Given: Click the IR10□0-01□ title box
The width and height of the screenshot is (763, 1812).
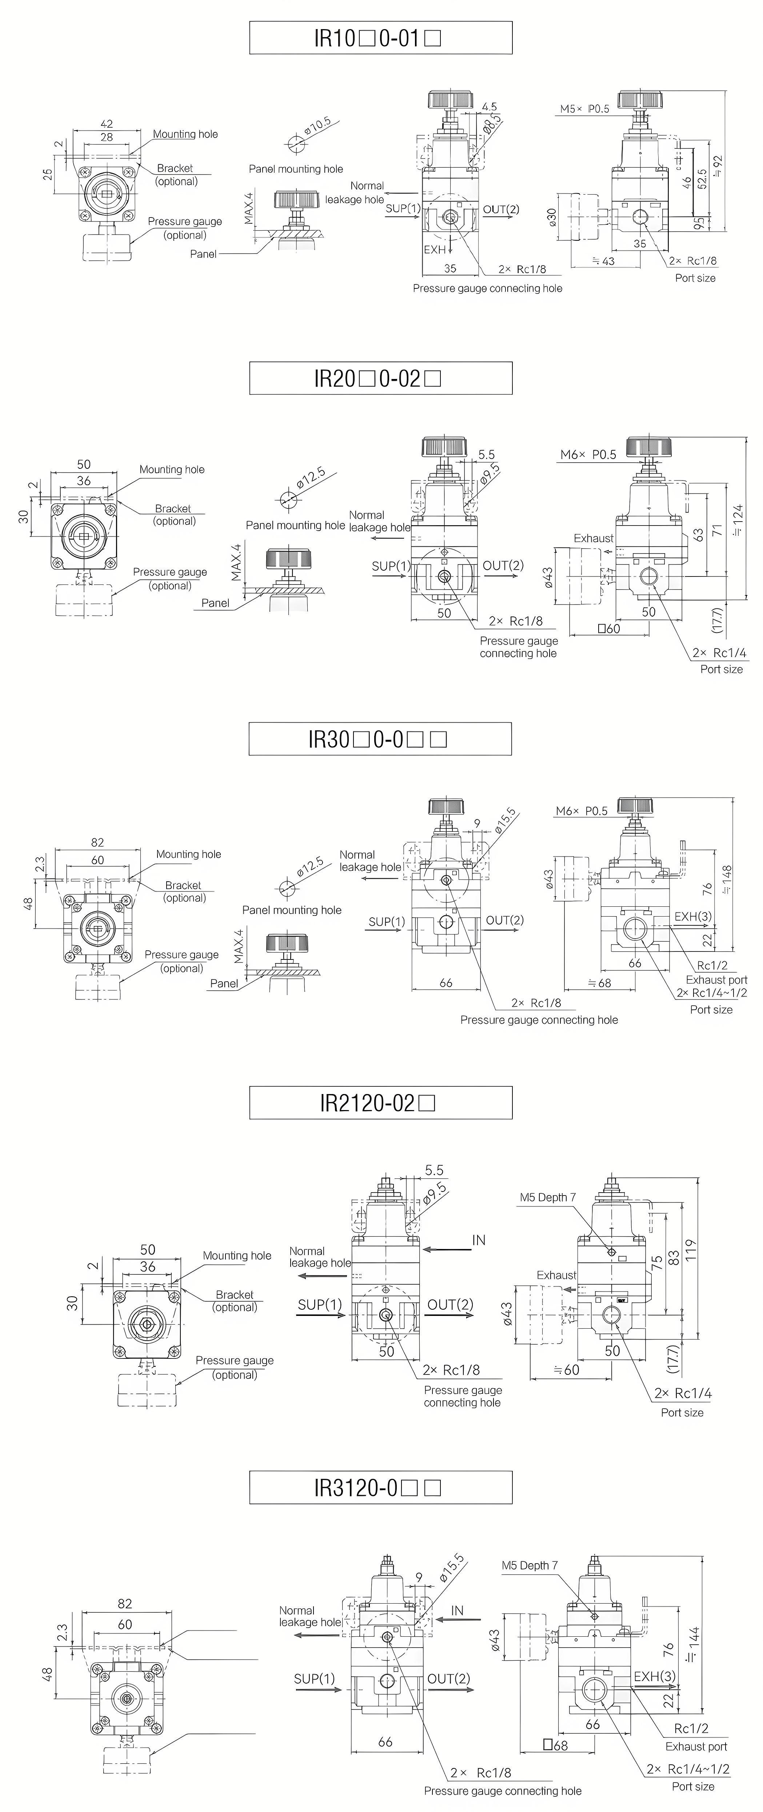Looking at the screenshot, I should (x=380, y=38).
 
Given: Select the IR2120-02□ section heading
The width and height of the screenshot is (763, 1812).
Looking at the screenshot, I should (x=380, y=1102).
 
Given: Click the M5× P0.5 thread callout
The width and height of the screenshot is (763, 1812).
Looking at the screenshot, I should (x=584, y=109).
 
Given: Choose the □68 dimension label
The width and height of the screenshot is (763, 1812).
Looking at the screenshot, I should (x=556, y=1745).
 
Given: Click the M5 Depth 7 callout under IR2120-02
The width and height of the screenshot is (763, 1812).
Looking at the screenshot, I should (x=548, y=1197).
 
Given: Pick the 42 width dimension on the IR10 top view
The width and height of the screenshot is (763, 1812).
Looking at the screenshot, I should (x=106, y=124).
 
